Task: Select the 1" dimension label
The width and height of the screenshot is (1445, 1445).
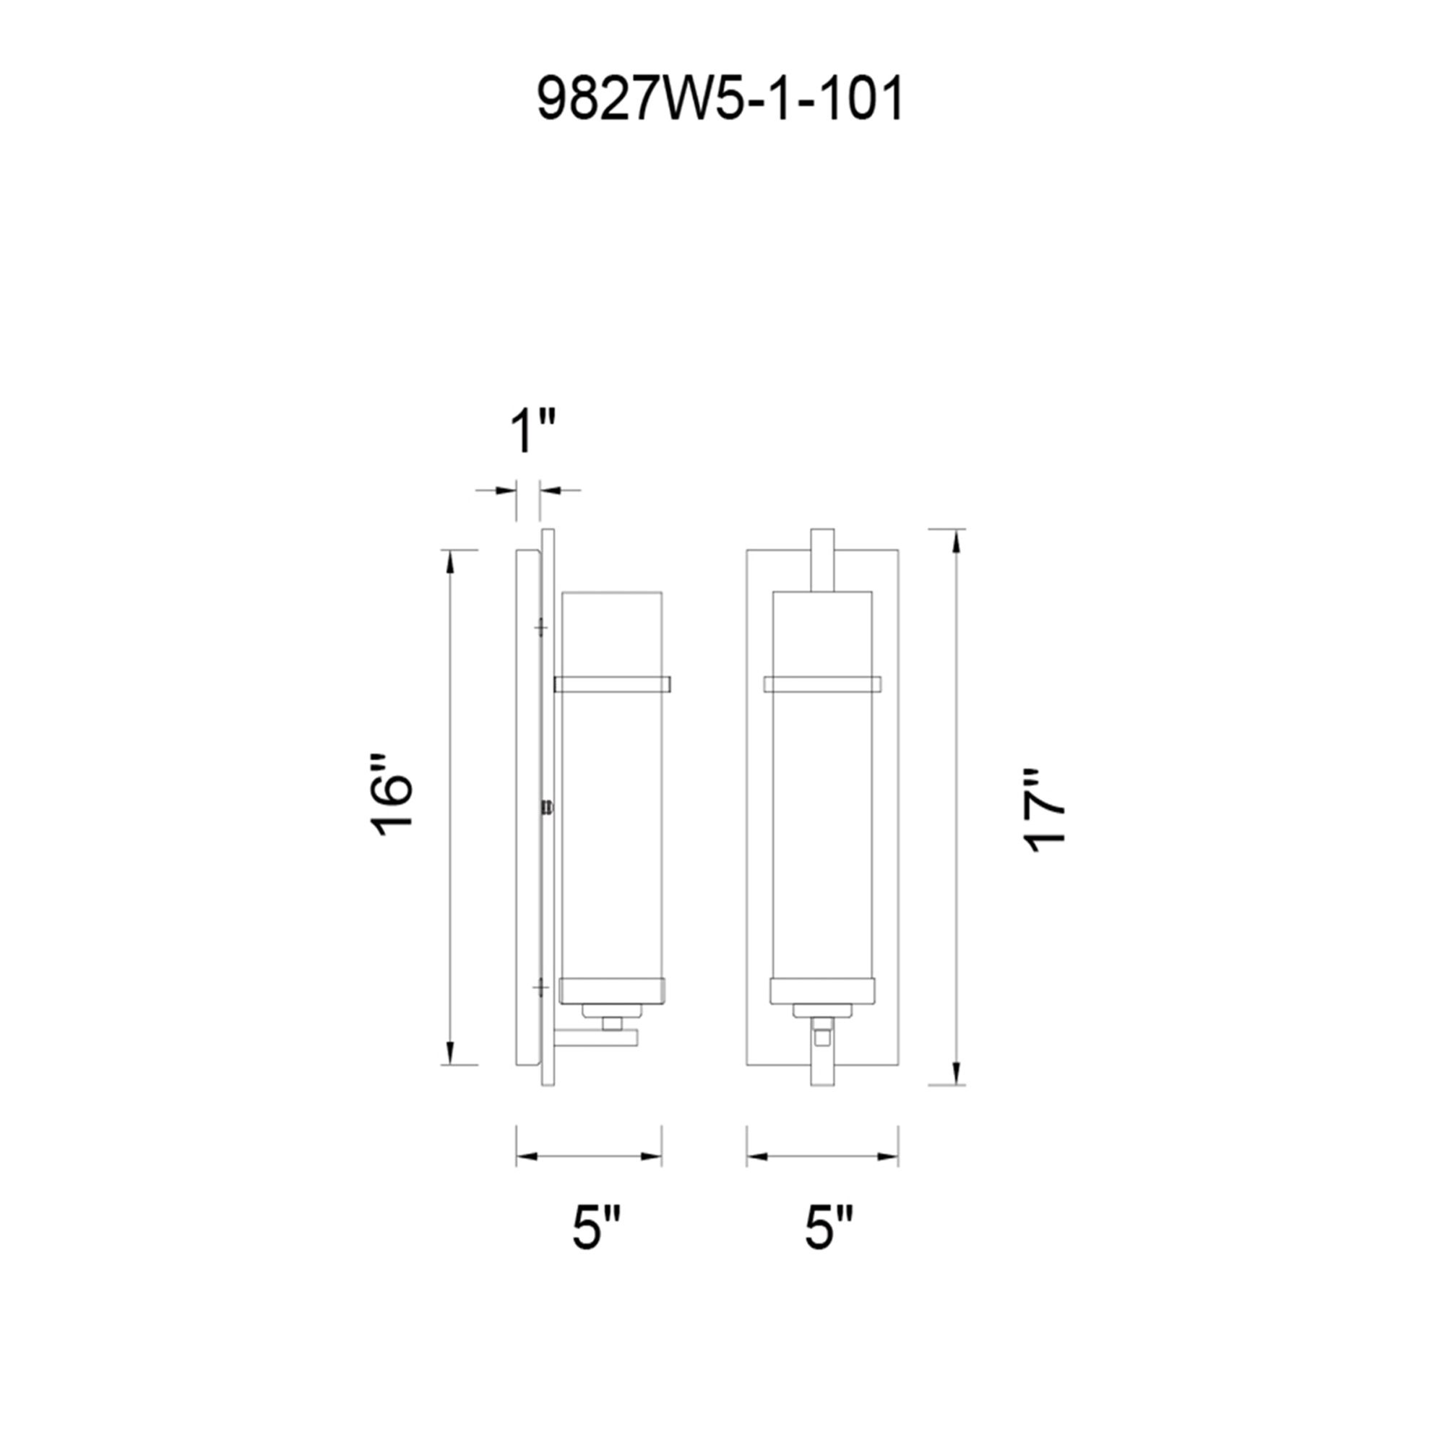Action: click(x=532, y=432)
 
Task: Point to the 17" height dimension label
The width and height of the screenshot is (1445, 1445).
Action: click(x=1044, y=811)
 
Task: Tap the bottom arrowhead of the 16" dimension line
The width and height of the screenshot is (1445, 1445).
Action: click(x=449, y=1051)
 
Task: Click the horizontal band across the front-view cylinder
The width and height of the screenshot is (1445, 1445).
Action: click(x=822, y=683)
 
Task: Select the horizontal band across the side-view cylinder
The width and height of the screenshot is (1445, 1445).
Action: click(x=612, y=683)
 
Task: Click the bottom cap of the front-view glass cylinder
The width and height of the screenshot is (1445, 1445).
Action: click(x=822, y=991)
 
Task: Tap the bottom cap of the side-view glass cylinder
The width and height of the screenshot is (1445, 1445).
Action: click(x=612, y=991)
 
